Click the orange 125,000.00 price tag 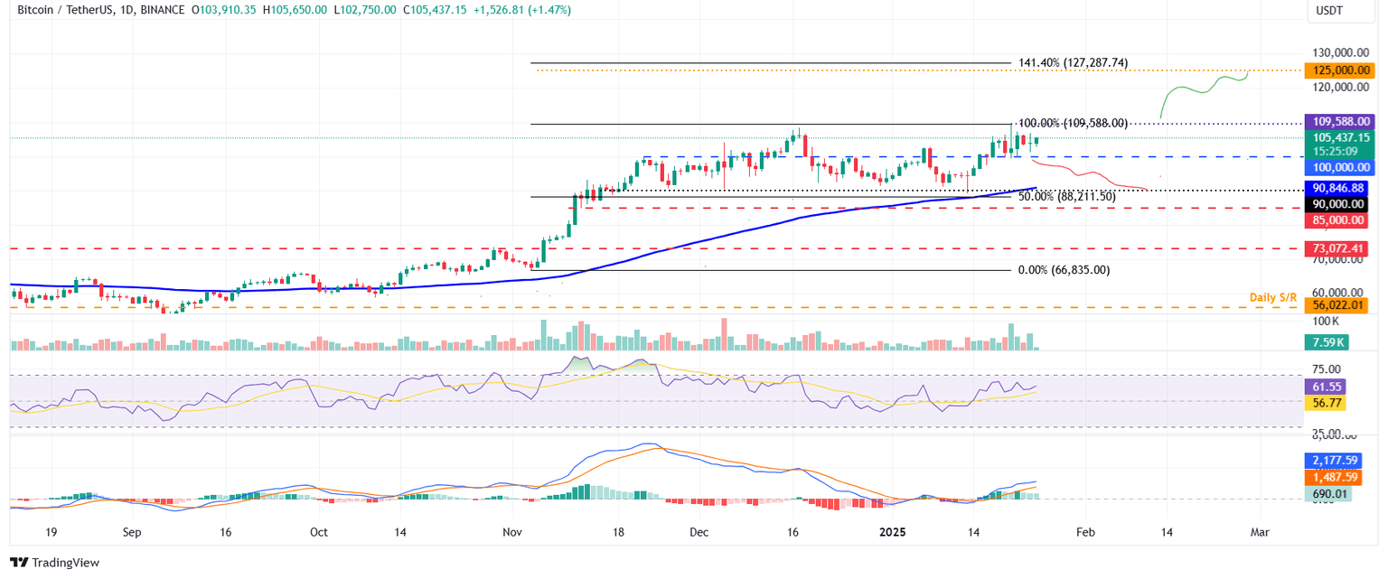pos(1336,70)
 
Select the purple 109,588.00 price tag pos(1336,121)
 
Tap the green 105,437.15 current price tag pos(1336,137)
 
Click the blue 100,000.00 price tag pos(1336,168)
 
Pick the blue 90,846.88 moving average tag pos(1336,188)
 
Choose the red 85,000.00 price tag pos(1336,220)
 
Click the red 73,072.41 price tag pos(1336,248)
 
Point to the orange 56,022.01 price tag pos(1336,306)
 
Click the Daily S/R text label pos(1274,297)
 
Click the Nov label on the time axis pos(512,533)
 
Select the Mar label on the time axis pos(1260,533)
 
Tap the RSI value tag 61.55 pos(1326,387)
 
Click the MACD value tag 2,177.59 pos(1336,461)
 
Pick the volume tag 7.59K pos(1326,342)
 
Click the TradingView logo pos(54,563)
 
